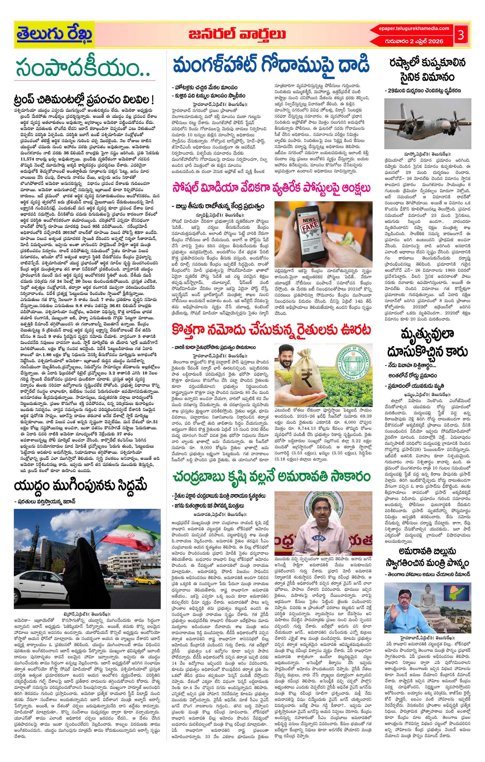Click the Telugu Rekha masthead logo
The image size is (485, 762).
54,35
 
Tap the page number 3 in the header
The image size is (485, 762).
461,35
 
